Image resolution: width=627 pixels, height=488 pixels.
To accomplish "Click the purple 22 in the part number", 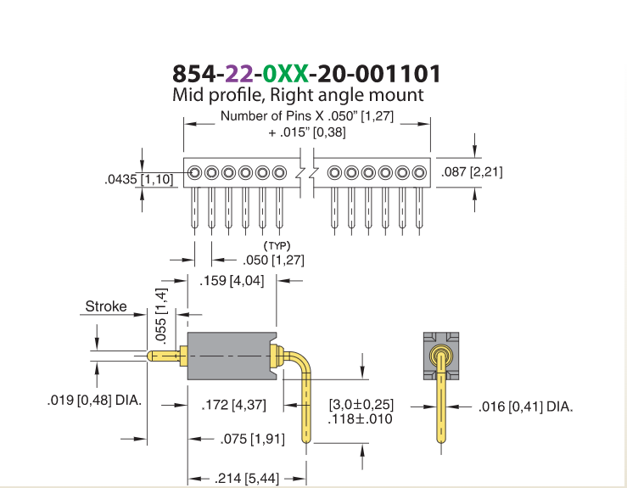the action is tap(239, 74).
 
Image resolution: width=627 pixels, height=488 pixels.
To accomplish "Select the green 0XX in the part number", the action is tap(286, 74).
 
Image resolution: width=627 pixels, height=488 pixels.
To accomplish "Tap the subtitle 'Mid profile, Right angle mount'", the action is tap(298, 95).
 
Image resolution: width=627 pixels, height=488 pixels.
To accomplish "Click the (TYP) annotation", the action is tap(277, 245).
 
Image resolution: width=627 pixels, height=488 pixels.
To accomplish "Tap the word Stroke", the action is tap(106, 306).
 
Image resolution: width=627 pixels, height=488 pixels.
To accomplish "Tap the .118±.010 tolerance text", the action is tap(360, 419).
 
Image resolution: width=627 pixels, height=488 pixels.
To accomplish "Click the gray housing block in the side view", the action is tap(232, 356).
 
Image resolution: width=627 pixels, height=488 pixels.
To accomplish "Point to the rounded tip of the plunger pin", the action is tap(149, 356).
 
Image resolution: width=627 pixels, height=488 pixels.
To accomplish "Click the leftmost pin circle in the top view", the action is tap(194, 173).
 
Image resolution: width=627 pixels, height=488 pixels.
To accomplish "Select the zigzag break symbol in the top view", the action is tap(306, 173).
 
